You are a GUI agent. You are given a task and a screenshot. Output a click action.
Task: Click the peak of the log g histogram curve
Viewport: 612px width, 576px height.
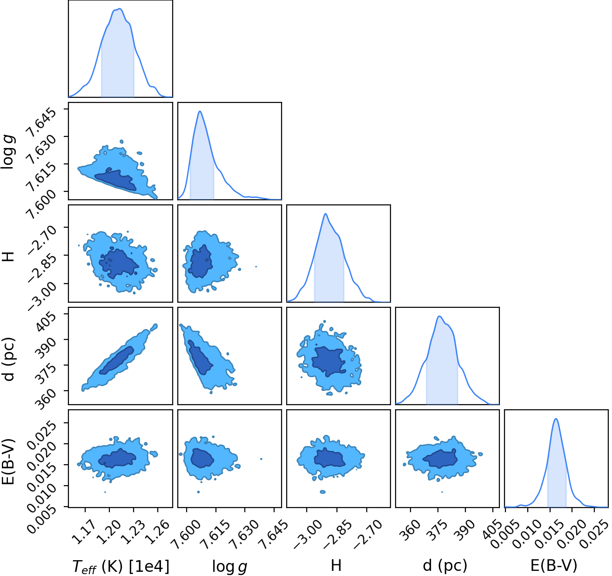[x=200, y=111]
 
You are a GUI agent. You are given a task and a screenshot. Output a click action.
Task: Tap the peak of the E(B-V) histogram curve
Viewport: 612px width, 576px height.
[x=556, y=419]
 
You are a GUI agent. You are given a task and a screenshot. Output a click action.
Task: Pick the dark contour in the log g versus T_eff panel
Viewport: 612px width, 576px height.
[x=115, y=179]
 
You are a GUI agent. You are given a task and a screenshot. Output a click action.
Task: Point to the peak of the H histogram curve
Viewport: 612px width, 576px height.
[x=325, y=214]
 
